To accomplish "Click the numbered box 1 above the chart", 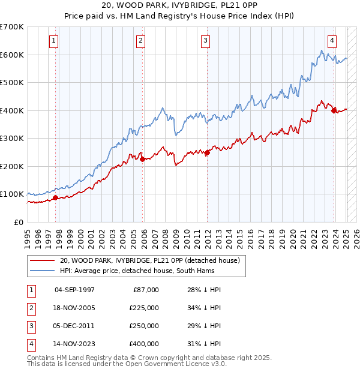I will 54,41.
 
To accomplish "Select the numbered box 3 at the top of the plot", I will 205,41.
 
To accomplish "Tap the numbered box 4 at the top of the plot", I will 332,41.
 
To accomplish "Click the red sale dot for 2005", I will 142,159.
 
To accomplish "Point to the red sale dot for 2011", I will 207,152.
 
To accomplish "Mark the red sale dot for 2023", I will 334,110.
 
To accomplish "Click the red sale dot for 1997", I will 55,197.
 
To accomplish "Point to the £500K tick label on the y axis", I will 12,82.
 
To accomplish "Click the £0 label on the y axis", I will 18,222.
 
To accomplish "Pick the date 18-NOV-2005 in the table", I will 74,308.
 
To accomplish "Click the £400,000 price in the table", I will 144,344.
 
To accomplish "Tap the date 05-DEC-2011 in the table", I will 74,326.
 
